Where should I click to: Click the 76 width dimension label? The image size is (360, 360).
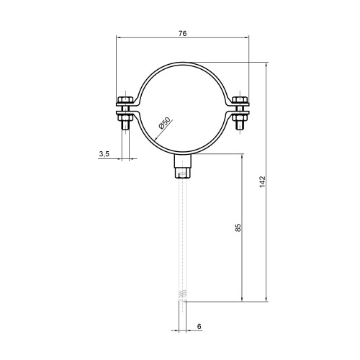point(183,33)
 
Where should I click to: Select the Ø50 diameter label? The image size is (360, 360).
point(164,123)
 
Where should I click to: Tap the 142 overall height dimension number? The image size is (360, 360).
point(263,181)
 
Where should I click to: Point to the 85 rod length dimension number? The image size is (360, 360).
point(238,228)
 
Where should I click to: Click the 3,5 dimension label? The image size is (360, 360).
point(104,154)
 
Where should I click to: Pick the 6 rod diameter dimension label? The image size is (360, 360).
point(199,326)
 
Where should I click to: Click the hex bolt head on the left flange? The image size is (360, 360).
point(125,99)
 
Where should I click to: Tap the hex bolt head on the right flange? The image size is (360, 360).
point(240,99)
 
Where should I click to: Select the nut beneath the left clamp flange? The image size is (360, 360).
point(125,118)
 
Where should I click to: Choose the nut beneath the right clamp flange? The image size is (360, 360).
point(240,118)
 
